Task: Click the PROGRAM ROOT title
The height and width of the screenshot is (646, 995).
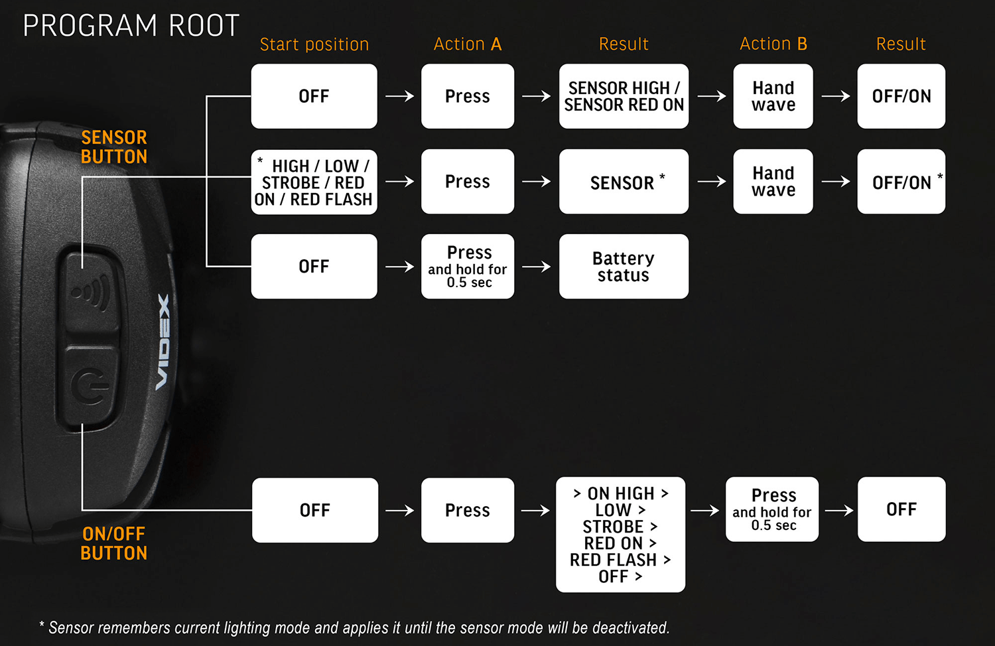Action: click(131, 26)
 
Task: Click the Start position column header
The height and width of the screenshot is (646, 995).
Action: click(314, 44)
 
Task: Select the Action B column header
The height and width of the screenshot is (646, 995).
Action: click(773, 44)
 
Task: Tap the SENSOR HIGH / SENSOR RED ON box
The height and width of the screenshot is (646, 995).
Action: click(624, 96)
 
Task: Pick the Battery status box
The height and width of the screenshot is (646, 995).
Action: click(624, 267)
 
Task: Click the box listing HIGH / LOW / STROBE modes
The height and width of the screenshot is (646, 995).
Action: click(314, 182)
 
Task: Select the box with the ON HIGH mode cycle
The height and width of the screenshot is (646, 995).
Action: click(620, 535)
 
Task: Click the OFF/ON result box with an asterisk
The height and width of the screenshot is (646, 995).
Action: click(901, 182)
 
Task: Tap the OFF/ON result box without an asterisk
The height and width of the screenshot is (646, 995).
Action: click(901, 96)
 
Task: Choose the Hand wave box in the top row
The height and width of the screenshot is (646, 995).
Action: click(773, 96)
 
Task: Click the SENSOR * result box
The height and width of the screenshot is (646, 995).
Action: click(624, 182)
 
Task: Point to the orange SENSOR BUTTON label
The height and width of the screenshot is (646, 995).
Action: click(114, 147)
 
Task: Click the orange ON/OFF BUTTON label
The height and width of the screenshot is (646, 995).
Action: click(114, 543)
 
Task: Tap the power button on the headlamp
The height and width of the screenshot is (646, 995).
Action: click(91, 387)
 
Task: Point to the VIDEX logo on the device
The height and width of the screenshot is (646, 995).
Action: click(163, 342)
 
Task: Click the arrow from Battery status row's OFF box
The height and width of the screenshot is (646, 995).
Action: click(399, 267)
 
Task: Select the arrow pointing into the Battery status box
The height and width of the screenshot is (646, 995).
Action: click(536, 267)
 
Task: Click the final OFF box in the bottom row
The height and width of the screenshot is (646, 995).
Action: click(901, 509)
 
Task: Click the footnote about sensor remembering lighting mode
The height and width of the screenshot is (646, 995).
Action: click(354, 627)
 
